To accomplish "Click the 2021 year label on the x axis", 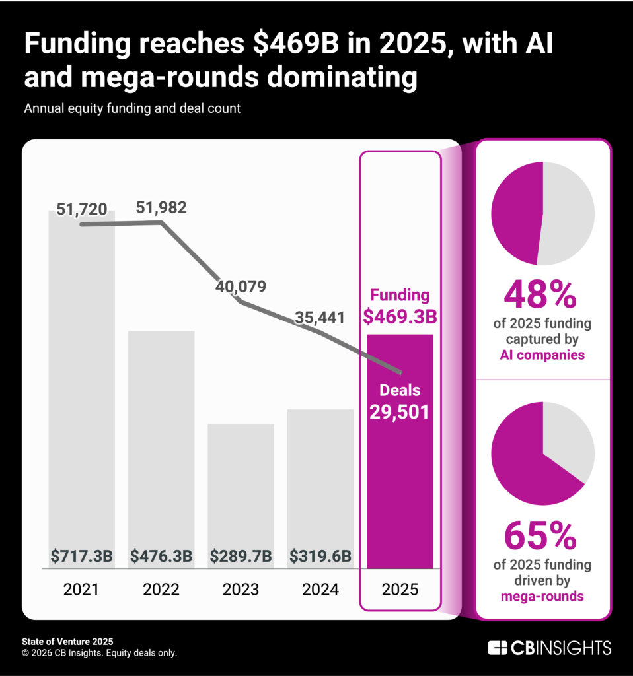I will tap(81, 590).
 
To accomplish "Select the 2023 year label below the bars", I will tap(241, 590).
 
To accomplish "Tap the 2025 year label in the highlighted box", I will tap(400, 590).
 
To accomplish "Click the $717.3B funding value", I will tap(82, 556).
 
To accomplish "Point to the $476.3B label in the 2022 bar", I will tap(161, 556).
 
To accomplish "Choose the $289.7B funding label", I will tap(241, 556).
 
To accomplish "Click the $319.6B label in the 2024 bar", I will tap(320, 556).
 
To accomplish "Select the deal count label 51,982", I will tap(161, 207).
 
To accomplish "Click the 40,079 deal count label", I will tap(241, 287).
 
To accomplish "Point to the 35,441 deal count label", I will tap(320, 318).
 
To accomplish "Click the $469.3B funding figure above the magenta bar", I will tap(400, 317).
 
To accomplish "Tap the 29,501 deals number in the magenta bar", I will tap(400, 413).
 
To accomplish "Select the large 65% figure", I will tap(540, 537).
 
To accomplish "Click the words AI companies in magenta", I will tap(542, 355).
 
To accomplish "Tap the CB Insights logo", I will tap(549, 648).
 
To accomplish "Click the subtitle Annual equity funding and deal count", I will tap(132, 108).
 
